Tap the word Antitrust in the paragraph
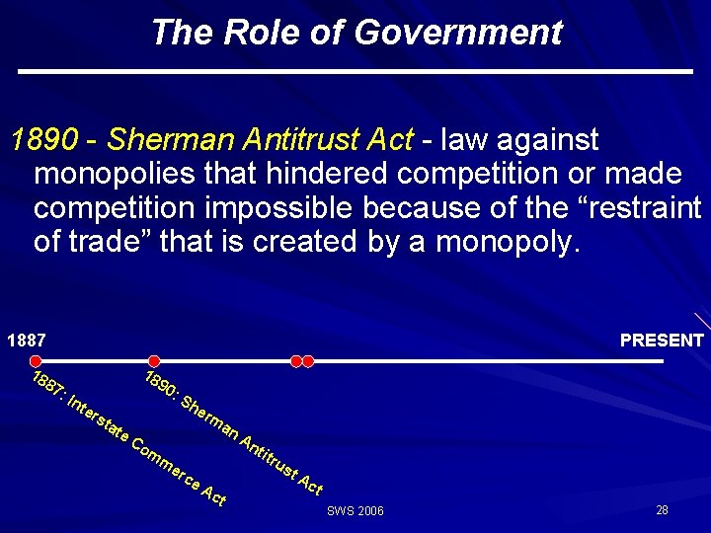pos(297,140)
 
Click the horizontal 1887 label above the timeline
pos(26,341)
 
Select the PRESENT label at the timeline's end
pos(662,341)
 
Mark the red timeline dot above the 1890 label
pos(153,361)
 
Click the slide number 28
pos(662,509)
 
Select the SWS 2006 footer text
pos(355,511)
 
